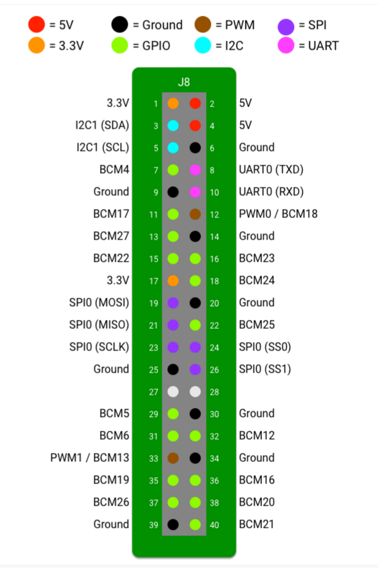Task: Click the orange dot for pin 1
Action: (173, 103)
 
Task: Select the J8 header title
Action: (184, 82)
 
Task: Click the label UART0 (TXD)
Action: (271, 170)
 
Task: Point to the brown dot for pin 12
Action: (195, 214)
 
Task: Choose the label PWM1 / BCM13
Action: (90, 458)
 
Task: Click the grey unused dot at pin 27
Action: (173, 392)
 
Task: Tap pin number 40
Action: (214, 525)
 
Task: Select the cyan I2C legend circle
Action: (203, 46)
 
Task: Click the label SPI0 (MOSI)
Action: (99, 303)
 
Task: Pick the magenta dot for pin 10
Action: (195, 192)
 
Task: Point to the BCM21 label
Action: (257, 524)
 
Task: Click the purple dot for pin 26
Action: (195, 369)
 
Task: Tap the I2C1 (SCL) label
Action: (103, 148)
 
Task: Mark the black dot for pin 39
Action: (173, 524)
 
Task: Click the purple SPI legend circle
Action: (286, 25)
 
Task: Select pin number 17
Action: (153, 281)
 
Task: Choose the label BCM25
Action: (257, 325)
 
